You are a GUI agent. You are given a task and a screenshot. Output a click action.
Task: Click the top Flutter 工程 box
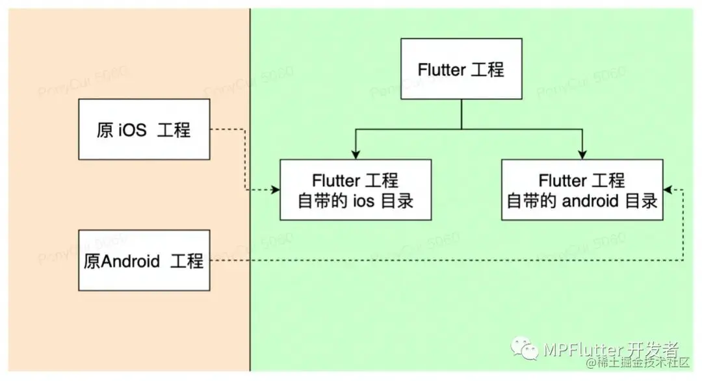[461, 69]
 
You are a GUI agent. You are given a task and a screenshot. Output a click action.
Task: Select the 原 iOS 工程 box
[144, 129]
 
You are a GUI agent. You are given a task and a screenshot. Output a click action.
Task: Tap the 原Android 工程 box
[144, 261]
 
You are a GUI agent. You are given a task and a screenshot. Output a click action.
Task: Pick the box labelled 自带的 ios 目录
[356, 190]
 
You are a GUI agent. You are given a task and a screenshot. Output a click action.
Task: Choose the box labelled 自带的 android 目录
[582, 190]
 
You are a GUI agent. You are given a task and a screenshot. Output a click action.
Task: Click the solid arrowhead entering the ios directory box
[355, 154]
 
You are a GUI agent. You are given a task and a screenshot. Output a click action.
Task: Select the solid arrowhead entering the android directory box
[582, 154]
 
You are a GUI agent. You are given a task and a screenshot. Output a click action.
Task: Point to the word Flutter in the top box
[440, 70]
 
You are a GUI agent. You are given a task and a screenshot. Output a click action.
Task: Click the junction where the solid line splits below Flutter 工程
[461, 128]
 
